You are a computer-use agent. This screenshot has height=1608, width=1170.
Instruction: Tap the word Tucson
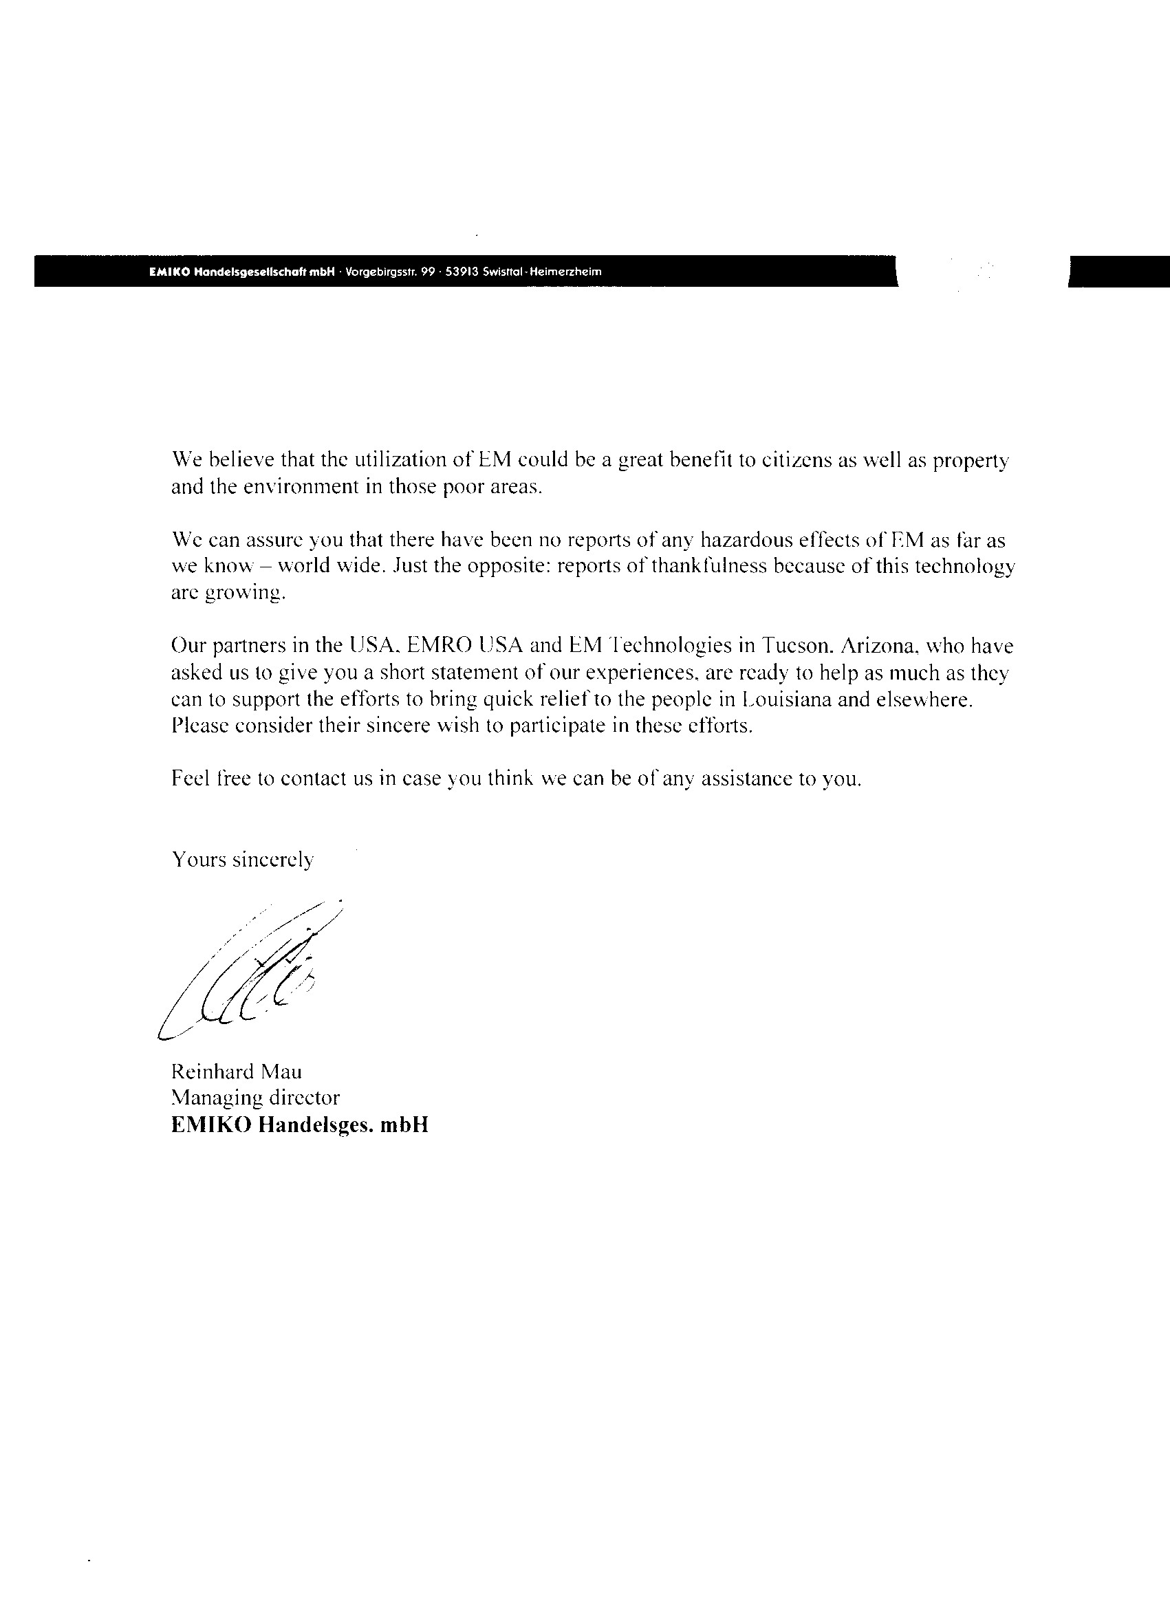pyautogui.click(x=798, y=646)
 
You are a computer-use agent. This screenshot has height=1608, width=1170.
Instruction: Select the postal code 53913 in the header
pyautogui.click(x=461, y=271)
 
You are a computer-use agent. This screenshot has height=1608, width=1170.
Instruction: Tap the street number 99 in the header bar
pyautogui.click(x=428, y=271)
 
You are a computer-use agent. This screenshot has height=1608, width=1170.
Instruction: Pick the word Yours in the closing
pyautogui.click(x=199, y=859)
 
